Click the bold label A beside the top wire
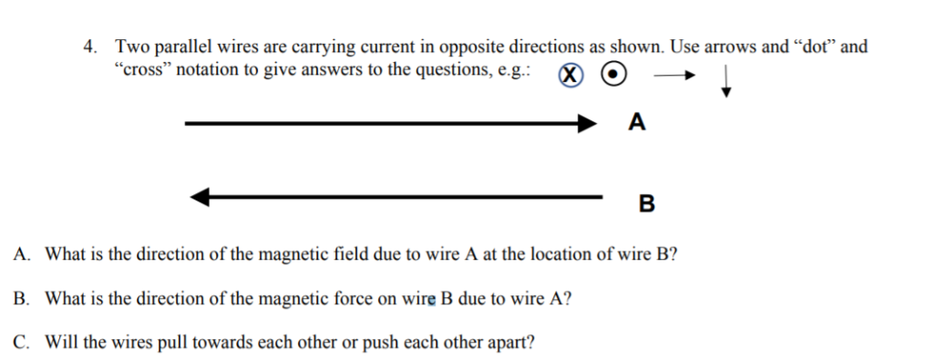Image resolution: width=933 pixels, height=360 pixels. (637, 122)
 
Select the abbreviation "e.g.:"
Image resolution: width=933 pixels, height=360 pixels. (515, 71)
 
